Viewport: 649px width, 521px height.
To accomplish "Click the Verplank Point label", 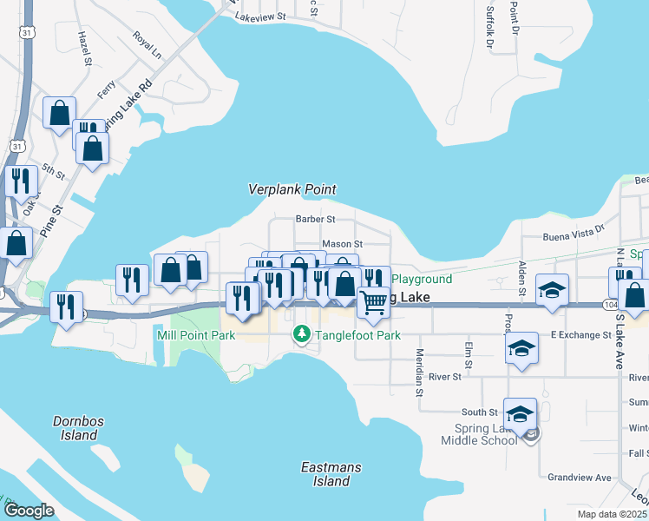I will click(292, 189).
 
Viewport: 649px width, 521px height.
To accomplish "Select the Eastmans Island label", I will click(331, 474).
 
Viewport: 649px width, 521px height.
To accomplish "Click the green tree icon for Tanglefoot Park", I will click(301, 334).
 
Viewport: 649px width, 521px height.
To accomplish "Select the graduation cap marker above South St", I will click(520, 414).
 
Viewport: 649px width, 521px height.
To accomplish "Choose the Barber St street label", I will click(314, 220).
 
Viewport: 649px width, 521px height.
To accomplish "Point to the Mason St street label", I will click(342, 245).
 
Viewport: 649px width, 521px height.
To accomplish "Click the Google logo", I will click(29, 511).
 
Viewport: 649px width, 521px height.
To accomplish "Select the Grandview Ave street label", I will click(579, 478).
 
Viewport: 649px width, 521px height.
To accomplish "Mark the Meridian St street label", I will click(418, 373).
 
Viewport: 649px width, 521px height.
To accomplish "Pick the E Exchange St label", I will click(580, 334).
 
